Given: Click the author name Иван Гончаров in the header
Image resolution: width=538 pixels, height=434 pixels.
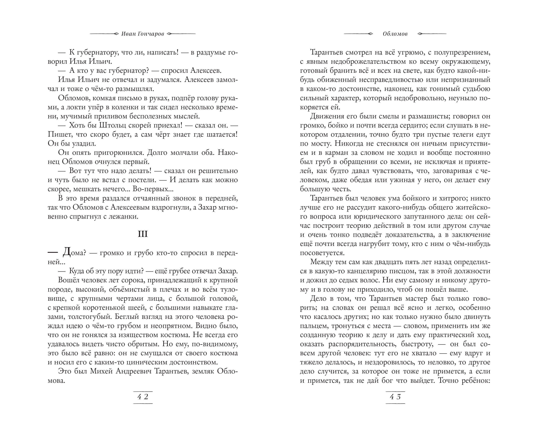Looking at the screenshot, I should tap(143, 34).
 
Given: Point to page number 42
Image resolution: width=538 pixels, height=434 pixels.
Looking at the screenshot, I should tap(143, 397).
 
